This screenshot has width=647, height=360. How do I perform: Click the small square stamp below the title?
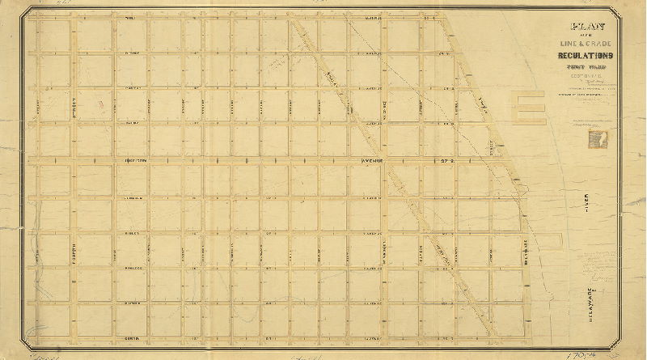(x=601, y=138)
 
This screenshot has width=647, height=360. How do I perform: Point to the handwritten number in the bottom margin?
(x=578, y=354)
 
